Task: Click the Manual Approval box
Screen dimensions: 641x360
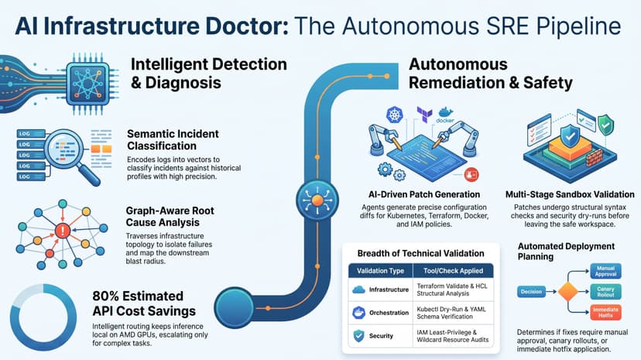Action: [x=605, y=271]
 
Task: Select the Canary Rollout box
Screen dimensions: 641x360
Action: [x=605, y=291]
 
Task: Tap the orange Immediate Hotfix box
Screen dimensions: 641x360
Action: [x=605, y=312]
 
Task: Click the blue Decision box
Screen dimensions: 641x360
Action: [x=531, y=291]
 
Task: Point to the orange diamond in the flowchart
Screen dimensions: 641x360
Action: [x=567, y=291]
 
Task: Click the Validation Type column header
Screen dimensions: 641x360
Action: [x=380, y=270]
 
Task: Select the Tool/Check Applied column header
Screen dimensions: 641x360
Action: [x=453, y=270]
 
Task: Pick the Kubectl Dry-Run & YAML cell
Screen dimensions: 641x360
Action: [x=451, y=313]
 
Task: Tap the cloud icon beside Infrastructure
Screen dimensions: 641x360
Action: [x=358, y=290]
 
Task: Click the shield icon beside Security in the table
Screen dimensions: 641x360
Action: [x=358, y=336]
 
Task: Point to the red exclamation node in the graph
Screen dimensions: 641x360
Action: [x=63, y=231]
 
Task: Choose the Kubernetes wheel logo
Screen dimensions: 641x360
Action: [x=395, y=115]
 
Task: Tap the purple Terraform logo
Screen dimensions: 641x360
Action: [x=424, y=114]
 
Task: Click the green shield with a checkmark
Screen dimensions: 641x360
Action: [x=605, y=124]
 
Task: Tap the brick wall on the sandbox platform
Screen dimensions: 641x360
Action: [x=593, y=158]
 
